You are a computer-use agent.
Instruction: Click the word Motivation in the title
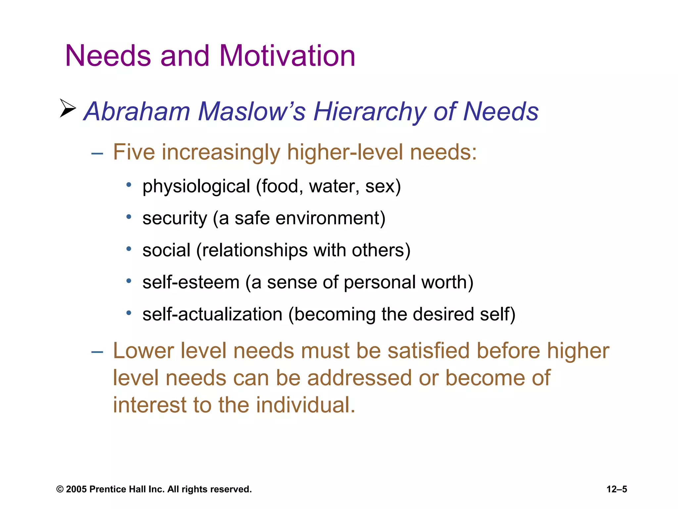tap(287, 56)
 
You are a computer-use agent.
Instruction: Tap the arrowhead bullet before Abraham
tap(68, 108)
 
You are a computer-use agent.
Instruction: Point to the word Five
tap(134, 152)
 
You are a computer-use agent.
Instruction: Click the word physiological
tap(196, 187)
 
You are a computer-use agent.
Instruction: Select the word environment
tap(330, 218)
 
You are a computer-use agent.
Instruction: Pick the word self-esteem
tap(191, 282)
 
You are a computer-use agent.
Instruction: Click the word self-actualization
tap(212, 314)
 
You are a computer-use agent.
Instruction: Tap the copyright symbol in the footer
tap(60, 489)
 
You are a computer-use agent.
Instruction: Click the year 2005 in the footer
tap(76, 489)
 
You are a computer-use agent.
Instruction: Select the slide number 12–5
tap(617, 489)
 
